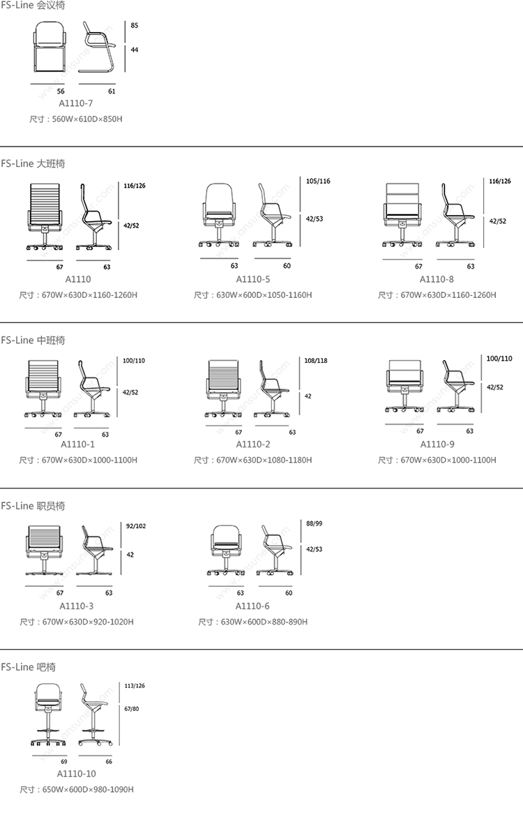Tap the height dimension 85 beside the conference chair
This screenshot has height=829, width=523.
[x=134, y=25]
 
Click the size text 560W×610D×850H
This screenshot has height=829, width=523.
[x=86, y=119]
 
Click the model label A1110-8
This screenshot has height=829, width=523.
[x=437, y=279]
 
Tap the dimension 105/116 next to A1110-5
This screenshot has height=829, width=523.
[x=318, y=181]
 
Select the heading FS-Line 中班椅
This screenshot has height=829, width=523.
[x=33, y=341]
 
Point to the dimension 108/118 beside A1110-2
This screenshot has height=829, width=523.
[x=316, y=361]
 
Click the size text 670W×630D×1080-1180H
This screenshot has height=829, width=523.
[x=264, y=460]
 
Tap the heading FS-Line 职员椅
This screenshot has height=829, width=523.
[x=33, y=506]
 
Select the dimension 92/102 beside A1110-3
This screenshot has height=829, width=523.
[x=135, y=526]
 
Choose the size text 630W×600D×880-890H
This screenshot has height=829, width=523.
[x=263, y=622]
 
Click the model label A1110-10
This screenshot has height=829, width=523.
[x=77, y=774]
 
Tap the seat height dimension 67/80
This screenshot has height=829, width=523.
[x=132, y=709]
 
